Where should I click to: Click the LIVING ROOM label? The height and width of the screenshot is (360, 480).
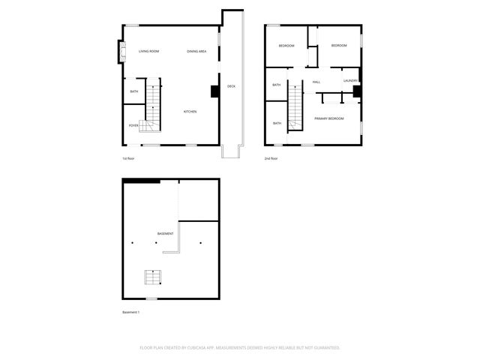148,51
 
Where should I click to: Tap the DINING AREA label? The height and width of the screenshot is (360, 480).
197,51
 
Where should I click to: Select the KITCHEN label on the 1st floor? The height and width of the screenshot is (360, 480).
190,112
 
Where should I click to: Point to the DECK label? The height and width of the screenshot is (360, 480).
231,87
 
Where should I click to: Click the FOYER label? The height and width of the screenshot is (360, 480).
133,125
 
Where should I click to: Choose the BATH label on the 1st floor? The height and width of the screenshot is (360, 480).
133,91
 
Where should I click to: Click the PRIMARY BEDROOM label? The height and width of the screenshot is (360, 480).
328,118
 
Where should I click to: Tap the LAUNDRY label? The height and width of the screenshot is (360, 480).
350,81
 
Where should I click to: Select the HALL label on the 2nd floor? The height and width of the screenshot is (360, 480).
316,81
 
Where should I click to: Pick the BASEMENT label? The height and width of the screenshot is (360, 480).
165,234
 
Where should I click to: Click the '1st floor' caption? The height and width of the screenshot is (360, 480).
128,159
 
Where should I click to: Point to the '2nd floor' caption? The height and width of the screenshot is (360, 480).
271,159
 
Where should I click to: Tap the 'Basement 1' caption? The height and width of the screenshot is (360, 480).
131,312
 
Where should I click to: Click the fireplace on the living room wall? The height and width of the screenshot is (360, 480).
118,52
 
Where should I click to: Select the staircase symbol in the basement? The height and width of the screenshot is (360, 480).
153,277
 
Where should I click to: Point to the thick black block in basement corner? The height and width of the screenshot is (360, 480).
142,180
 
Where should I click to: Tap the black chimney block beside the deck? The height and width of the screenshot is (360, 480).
214,91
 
